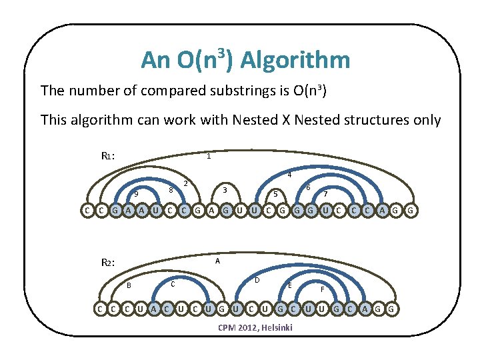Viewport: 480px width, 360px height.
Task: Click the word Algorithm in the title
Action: [x=295, y=61]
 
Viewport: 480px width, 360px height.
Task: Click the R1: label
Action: [x=109, y=156]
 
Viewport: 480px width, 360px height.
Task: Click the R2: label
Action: [x=109, y=263]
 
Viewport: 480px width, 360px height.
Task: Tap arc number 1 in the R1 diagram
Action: [x=209, y=157]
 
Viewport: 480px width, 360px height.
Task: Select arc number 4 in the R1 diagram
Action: [x=289, y=175]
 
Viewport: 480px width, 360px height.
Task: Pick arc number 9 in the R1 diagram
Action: [x=136, y=194]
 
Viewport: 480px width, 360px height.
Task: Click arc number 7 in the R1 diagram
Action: [x=325, y=194]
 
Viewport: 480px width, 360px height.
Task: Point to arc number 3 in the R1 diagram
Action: [x=225, y=191]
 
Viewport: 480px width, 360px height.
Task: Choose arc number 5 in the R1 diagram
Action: [x=275, y=194]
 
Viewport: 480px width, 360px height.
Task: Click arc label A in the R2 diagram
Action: [x=217, y=262]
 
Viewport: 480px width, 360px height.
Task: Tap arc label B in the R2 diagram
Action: [x=129, y=286]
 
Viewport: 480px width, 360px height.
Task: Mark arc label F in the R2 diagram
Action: [x=323, y=289]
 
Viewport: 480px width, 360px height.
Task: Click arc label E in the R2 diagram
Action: [x=289, y=285]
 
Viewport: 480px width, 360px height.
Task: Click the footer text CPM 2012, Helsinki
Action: [x=255, y=328]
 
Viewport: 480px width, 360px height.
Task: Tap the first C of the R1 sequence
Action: [x=87, y=211]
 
